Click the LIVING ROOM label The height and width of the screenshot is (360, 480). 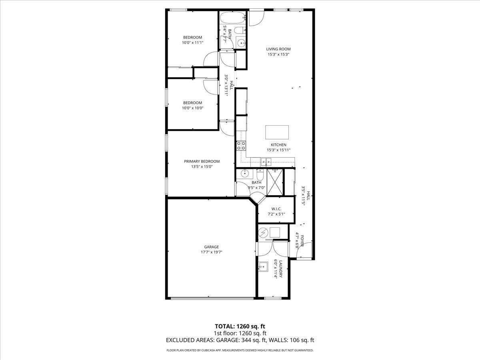[278, 49]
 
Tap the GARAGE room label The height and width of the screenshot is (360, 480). [211, 247]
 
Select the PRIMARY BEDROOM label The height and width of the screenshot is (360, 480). [202, 161]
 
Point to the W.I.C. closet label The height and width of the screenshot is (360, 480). [276, 209]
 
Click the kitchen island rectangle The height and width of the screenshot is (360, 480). [277, 132]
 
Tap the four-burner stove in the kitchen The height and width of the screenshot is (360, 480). [241, 146]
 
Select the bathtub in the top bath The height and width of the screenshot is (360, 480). [233, 18]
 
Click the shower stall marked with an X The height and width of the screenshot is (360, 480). [275, 182]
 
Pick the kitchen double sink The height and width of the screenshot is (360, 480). [266, 162]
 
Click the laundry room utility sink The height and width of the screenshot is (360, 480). [263, 267]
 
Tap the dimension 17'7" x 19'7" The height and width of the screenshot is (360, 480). [212, 252]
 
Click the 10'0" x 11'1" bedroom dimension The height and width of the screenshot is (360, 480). [193, 43]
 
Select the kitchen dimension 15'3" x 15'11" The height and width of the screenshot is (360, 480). [278, 150]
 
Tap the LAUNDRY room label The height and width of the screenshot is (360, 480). [281, 269]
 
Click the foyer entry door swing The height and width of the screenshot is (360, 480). [304, 250]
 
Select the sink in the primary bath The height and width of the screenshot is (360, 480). [244, 174]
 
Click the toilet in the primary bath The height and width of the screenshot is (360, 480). [260, 175]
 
